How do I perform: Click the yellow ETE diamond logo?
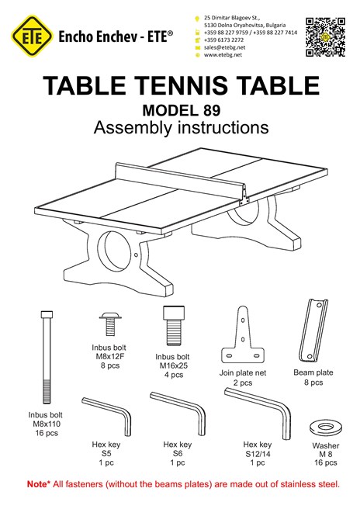pos(32,36)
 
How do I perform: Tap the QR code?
pos(325,37)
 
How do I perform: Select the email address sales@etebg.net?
pos(224,47)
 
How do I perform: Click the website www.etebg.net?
pos(223,55)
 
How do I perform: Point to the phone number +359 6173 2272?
pos(223,40)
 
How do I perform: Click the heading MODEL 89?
pos(182,110)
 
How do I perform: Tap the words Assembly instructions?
pos(181,127)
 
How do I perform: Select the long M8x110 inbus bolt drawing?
pos(47,357)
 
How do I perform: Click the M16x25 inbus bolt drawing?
pos(173,326)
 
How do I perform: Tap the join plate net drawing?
pos(243,334)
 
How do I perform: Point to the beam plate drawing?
pos(313,330)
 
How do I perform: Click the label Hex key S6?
pos(177,449)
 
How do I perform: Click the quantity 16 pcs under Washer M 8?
pos(326,462)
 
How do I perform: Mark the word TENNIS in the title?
pos(182,85)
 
